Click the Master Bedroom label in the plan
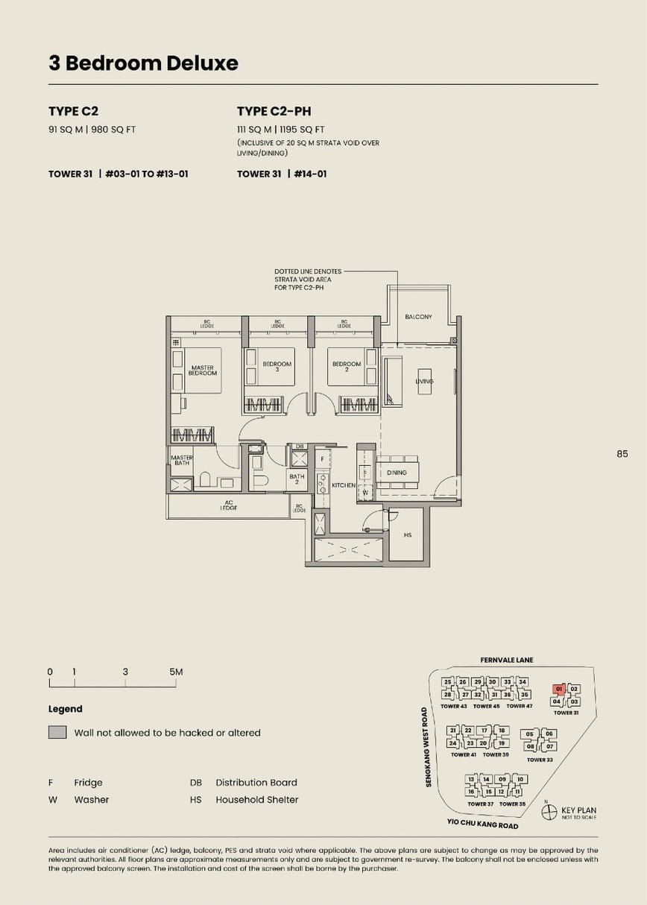(x=202, y=370)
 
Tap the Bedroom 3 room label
(x=277, y=366)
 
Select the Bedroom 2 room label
(x=347, y=366)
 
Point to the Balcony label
(x=418, y=317)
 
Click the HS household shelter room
(x=408, y=535)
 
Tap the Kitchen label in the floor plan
(x=344, y=485)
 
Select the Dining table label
(x=397, y=473)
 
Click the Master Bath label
(x=182, y=460)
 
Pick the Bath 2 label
(x=297, y=479)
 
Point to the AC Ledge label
(x=228, y=505)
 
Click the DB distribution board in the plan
(x=300, y=447)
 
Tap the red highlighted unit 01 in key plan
(x=558, y=690)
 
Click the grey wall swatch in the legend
(x=57, y=732)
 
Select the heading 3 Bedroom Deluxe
(x=143, y=63)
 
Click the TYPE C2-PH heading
(x=274, y=111)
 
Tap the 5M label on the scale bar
(x=176, y=672)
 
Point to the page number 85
(x=622, y=453)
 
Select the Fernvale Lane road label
(x=507, y=660)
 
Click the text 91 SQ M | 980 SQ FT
(x=92, y=129)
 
